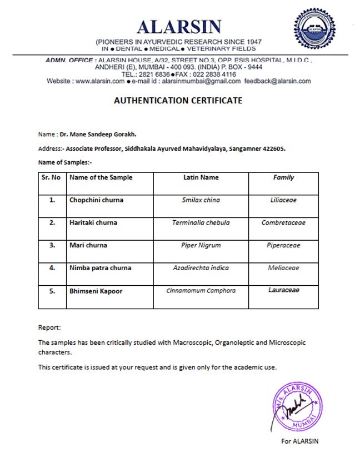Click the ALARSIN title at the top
179,27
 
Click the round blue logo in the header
314,29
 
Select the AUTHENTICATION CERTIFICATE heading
178,101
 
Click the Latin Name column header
201,178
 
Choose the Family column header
283,178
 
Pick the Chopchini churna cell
96,200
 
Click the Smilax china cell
201,200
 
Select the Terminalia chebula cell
201,223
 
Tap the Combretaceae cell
283,223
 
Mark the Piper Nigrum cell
201,245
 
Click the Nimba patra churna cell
100,268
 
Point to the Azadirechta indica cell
201,268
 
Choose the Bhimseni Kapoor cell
96,291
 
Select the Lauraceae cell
283,291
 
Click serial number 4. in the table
52,268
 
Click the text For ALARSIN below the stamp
300,442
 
